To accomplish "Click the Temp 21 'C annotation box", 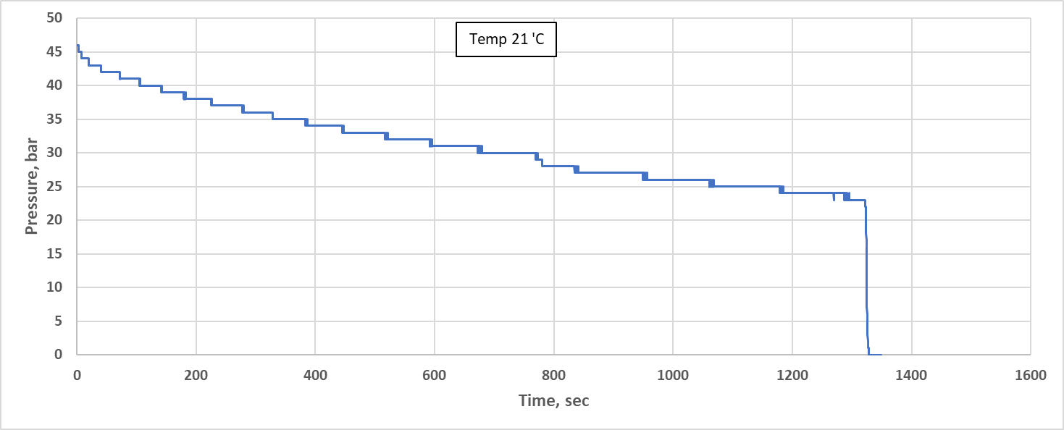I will point(506,40).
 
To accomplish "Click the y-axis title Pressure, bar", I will point(31,186).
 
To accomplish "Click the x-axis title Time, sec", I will point(553,400).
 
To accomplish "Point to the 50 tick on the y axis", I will point(62,18).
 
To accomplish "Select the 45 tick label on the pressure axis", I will point(62,52).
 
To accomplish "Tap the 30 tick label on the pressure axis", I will point(62,153).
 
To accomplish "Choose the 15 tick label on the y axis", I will point(62,254).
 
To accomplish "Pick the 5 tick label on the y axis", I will point(65,321).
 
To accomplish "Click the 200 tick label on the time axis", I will point(196,375).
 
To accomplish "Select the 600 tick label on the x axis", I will point(434,375).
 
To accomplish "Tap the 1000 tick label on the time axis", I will point(672,375).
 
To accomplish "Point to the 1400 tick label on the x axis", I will point(910,375).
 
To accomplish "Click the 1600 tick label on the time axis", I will point(1030,375).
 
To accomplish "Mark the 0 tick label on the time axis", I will point(77,375).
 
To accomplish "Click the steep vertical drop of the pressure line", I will point(866,275).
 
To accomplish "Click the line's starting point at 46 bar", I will point(78,46).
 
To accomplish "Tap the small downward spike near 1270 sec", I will point(834,198).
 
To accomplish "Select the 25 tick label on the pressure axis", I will point(62,187).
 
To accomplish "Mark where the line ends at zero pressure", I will point(879,355).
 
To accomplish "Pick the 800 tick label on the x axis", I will point(553,375).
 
